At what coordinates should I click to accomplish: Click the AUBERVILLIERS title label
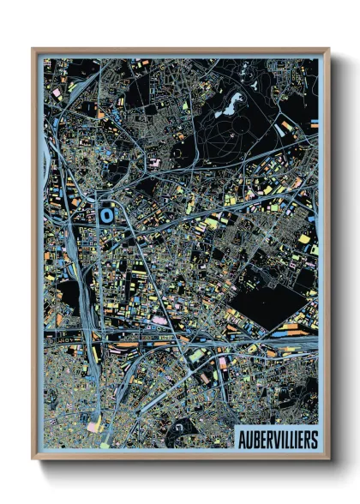pos(276,439)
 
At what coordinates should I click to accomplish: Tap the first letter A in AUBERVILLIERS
pos(241,439)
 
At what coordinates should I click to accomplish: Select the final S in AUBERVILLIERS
pos(313,439)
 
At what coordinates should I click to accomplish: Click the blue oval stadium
pos(105,216)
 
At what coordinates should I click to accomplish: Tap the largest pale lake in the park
pos(231,105)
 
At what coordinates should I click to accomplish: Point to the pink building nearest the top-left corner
pos(57,91)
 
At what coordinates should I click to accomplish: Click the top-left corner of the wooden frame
pos(33,49)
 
